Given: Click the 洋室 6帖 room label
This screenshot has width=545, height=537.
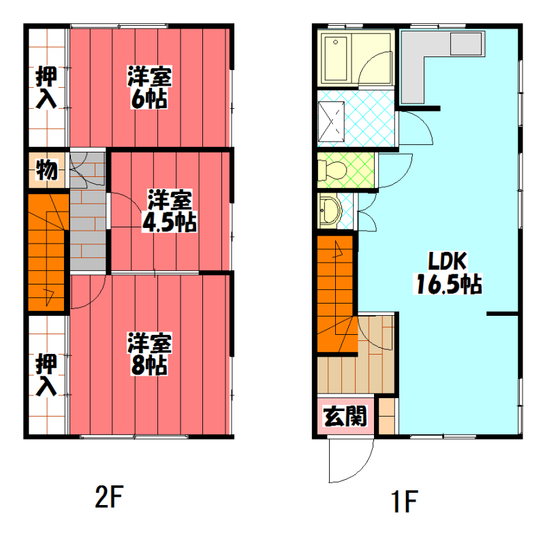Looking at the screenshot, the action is pyautogui.click(x=149, y=87).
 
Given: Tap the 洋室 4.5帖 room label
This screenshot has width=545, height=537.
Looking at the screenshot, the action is pyautogui.click(x=169, y=210).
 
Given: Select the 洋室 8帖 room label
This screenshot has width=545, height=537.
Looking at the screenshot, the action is pyautogui.click(x=149, y=354).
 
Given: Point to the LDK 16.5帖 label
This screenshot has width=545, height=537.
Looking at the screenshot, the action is pyautogui.click(x=448, y=273).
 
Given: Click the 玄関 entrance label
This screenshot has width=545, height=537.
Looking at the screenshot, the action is pyautogui.click(x=345, y=416).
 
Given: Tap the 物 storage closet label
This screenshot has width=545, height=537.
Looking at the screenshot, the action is pyautogui.click(x=46, y=170).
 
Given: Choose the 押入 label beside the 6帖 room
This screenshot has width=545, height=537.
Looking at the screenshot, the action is pyautogui.click(x=46, y=87).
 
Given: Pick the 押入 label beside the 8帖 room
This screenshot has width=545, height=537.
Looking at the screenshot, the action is pyautogui.click(x=46, y=374).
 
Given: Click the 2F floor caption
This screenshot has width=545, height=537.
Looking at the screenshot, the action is pyautogui.click(x=109, y=497).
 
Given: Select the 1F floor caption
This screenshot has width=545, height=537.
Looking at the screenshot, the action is pyautogui.click(x=405, y=501).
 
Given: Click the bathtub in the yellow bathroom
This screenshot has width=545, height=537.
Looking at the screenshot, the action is pyautogui.click(x=336, y=59).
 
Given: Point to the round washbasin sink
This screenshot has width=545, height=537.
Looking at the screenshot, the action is pyautogui.click(x=330, y=210).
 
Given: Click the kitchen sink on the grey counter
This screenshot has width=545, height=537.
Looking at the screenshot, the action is pyautogui.click(x=466, y=44).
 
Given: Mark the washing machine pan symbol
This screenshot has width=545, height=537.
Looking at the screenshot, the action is pyautogui.click(x=331, y=122).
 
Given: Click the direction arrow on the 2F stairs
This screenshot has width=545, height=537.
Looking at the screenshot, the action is pyautogui.click(x=48, y=296).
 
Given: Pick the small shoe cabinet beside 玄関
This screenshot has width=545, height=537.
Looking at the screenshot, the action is pyautogui.click(x=386, y=416).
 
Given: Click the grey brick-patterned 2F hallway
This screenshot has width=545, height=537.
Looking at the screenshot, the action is pyautogui.click(x=89, y=211).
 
